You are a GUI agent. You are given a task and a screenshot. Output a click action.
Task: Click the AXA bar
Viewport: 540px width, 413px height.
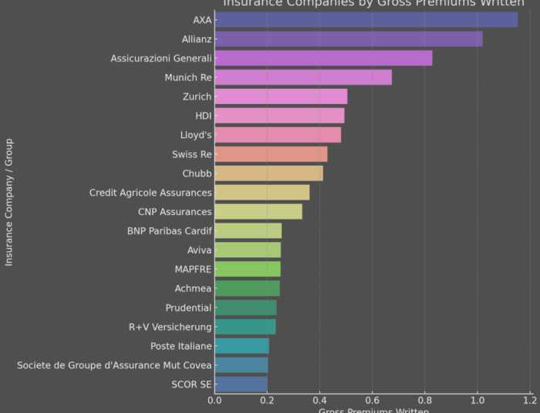tap(366, 20)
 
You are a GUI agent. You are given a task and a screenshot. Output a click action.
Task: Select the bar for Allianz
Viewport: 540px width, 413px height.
tap(349, 39)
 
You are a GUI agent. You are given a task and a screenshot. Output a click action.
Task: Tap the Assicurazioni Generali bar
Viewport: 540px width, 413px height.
tap(323, 59)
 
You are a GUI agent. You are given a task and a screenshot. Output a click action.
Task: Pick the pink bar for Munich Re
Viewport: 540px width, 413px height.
tap(303, 77)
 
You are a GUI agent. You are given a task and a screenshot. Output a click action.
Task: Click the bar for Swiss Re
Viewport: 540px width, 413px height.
tap(271, 154)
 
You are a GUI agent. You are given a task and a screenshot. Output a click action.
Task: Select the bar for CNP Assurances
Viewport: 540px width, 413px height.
tap(258, 212)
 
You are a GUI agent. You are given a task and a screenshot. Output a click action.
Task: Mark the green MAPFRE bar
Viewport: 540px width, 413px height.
tap(248, 269)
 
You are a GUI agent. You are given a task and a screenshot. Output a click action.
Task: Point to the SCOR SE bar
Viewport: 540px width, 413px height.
tap(241, 384)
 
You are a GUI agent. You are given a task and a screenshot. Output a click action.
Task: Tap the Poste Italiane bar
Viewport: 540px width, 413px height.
tap(241, 346)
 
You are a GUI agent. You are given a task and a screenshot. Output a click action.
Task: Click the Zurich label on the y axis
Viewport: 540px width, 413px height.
tap(197, 97)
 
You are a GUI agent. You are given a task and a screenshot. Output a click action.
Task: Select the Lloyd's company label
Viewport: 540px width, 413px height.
tap(196, 136)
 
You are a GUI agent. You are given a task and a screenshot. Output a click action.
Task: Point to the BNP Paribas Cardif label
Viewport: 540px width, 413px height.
tap(169, 231)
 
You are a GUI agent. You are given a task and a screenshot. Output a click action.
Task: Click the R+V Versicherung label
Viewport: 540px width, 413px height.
tap(170, 327)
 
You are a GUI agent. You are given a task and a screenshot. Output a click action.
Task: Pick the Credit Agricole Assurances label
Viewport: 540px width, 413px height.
tap(150, 193)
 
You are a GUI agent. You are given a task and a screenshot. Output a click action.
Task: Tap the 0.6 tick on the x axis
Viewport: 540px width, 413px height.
tap(372, 401)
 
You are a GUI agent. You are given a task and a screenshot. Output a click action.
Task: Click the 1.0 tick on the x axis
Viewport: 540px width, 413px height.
tap(477, 401)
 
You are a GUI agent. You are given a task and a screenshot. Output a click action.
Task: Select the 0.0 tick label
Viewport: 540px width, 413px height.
tap(214, 401)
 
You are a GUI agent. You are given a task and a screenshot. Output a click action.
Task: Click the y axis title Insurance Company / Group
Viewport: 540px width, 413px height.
tap(9, 202)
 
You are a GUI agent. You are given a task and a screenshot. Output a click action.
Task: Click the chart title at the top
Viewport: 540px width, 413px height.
tap(373, 3)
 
